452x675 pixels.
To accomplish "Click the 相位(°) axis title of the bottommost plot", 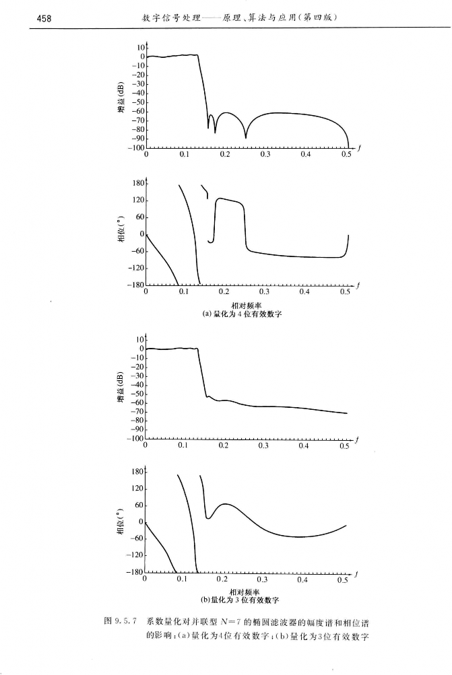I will click(120, 521).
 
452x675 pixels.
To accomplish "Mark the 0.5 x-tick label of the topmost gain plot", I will click(347, 155).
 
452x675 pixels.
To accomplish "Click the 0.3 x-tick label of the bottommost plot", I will click(263, 579).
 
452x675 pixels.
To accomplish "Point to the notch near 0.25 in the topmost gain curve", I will click(245, 137).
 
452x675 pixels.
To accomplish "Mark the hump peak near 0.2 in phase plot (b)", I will click(226, 504).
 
